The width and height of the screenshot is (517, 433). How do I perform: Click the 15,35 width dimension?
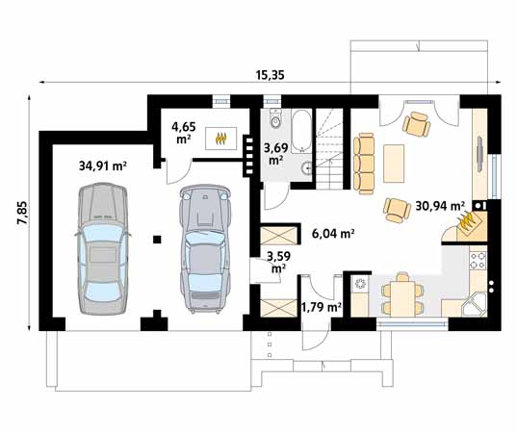(x=270, y=75)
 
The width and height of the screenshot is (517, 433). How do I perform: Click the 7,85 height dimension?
(x=23, y=213)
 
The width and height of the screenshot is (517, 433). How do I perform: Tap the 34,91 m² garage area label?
(x=103, y=166)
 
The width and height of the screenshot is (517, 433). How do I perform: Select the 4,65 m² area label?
(x=184, y=133)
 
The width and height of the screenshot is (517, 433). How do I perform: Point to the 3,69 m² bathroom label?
(x=276, y=154)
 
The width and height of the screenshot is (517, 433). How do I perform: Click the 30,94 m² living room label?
(x=440, y=206)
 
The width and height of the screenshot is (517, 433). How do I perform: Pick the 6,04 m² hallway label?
(x=333, y=234)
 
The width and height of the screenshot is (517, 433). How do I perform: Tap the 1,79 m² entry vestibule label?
(x=322, y=308)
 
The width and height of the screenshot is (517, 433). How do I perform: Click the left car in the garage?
(x=103, y=249)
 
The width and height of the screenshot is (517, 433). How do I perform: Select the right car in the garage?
(x=205, y=248)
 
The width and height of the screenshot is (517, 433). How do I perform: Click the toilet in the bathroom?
(x=275, y=119)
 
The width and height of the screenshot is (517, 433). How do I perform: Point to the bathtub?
(x=301, y=131)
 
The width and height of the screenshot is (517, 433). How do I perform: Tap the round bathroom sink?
(x=307, y=168)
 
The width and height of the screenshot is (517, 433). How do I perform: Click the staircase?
(x=329, y=148)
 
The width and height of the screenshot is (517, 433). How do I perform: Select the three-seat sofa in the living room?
(x=364, y=164)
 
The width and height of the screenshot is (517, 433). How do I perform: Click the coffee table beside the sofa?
(x=394, y=164)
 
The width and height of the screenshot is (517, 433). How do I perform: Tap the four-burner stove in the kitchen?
(x=478, y=261)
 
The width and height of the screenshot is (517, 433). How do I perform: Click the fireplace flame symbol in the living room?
(x=467, y=221)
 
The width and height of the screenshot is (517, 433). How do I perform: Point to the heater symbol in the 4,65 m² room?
(x=221, y=138)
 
